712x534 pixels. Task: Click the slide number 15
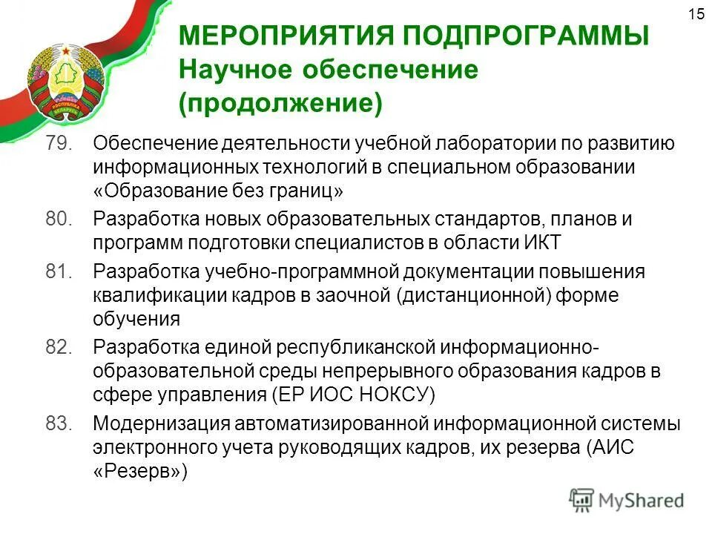pyautogui.click(x=696, y=14)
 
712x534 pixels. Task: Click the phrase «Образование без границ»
pyautogui.click(x=219, y=191)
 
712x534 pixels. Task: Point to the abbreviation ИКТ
pyautogui.click(x=543, y=243)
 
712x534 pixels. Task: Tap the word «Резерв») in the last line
pyautogui.click(x=141, y=471)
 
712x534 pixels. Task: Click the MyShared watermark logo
pyautogui.click(x=627, y=501)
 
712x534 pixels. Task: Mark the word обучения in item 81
pyautogui.click(x=136, y=320)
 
